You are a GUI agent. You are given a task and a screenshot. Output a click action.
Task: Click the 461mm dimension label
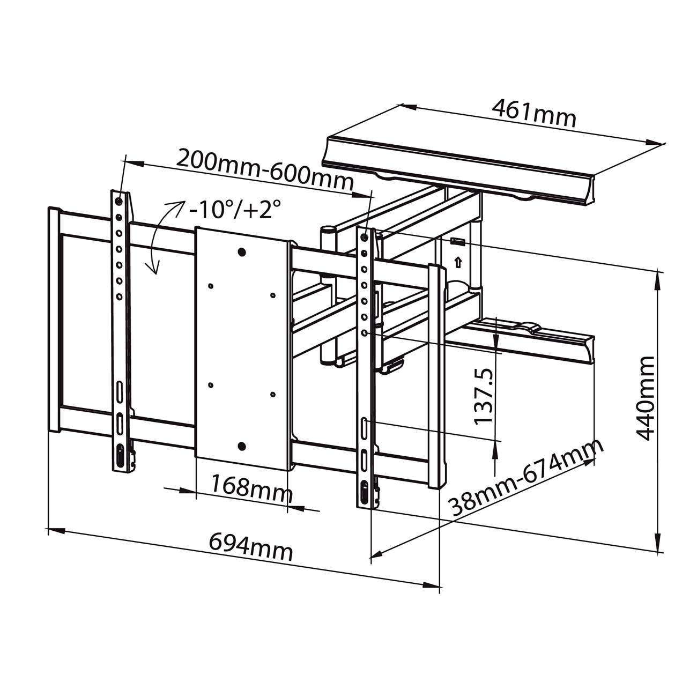tap(534, 113)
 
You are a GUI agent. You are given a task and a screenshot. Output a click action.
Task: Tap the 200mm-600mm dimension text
tap(265, 169)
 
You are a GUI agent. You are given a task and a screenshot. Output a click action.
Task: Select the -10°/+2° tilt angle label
tap(235, 210)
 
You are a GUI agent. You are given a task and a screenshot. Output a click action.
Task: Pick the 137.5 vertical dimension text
tap(483, 395)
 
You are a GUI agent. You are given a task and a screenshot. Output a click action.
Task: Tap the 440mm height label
tap(644, 399)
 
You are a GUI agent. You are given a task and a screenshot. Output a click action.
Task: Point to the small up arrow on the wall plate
tap(457, 262)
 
